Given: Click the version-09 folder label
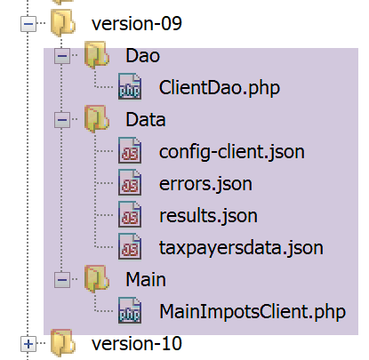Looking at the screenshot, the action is click(137, 23).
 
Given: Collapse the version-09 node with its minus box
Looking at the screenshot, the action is click(28, 23).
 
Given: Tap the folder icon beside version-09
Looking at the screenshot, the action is click(62, 23).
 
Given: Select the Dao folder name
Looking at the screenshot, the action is click(143, 55).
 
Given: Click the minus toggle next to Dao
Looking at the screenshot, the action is click(62, 55).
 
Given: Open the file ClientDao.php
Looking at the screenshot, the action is click(220, 88).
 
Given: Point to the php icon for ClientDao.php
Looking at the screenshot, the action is click(130, 86).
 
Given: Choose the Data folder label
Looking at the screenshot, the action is click(146, 120).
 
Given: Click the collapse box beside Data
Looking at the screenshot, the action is click(62, 119).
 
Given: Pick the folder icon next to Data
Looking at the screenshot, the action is click(97, 119).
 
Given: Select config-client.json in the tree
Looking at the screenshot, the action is click(232, 152).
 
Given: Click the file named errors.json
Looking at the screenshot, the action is click(205, 184).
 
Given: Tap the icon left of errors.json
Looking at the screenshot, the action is click(130, 182).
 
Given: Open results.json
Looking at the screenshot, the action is click(208, 216).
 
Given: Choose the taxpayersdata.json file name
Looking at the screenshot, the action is click(241, 248).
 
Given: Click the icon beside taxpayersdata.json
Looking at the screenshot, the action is click(130, 246).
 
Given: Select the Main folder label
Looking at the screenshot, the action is click(146, 279).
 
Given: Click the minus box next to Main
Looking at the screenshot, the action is click(62, 279).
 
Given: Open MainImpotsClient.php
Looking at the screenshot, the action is click(253, 312).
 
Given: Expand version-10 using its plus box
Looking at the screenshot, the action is click(28, 344).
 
